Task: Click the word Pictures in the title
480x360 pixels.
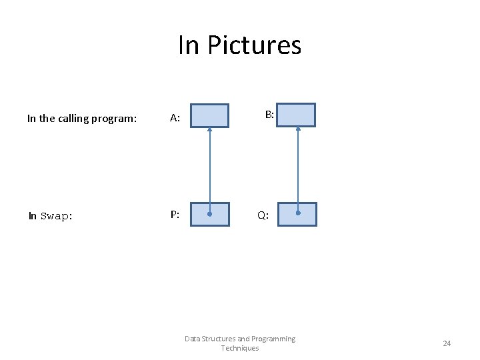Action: pos(255,45)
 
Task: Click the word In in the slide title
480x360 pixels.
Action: pos(189,45)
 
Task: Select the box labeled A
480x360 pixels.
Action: pos(209,115)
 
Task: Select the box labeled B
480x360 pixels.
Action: pos(296,115)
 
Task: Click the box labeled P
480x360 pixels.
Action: pos(209,215)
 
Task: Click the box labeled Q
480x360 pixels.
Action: pos(297,214)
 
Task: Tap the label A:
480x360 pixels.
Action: pos(175,119)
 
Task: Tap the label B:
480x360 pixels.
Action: pos(269,115)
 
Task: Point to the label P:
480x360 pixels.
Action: pos(175,215)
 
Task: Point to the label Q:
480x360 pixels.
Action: pos(263,216)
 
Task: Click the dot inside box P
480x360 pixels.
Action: pos(209,215)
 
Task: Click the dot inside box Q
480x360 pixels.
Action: pos(298,213)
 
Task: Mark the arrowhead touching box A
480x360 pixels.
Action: pos(209,130)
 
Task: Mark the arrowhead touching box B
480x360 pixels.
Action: pos(298,129)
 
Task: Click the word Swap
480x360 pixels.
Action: pos(55,216)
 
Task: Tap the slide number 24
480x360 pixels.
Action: pos(447,343)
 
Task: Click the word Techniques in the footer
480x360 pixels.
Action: pos(239,348)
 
